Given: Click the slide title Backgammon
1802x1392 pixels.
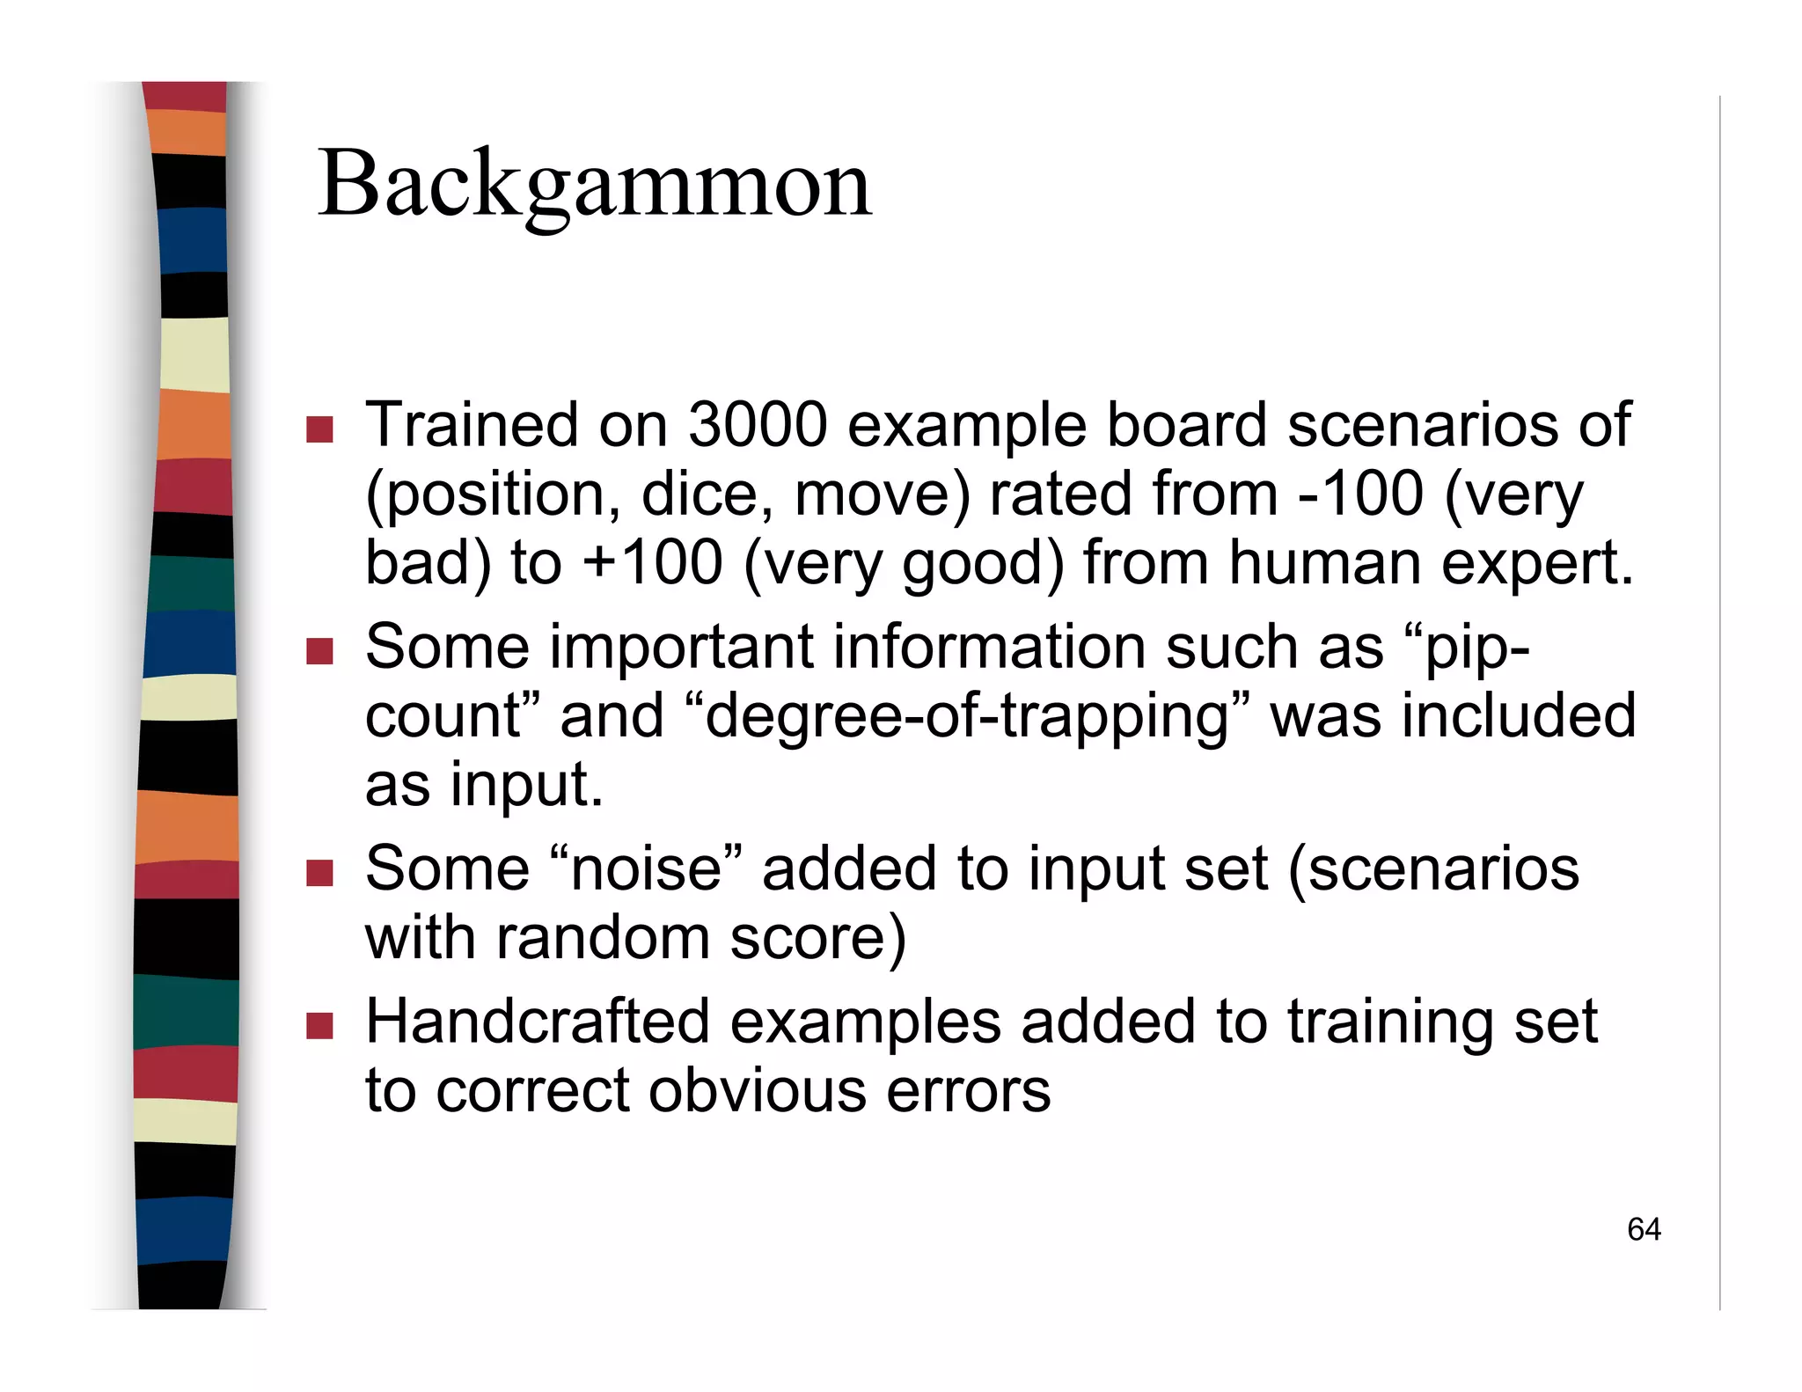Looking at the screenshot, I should click(x=594, y=185).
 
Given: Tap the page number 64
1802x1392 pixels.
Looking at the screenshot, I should click(x=1644, y=1229).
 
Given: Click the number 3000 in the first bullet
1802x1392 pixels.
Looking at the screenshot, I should click(x=758, y=425).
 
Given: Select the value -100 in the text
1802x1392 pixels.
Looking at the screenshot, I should click(x=1360, y=494).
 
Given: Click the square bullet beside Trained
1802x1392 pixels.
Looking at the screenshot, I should click(x=320, y=429).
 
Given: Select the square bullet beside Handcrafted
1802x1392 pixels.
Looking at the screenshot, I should click(x=320, y=1026).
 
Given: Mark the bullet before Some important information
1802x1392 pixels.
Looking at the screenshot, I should click(x=320, y=651).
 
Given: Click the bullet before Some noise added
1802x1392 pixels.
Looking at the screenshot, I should click(x=320, y=873).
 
